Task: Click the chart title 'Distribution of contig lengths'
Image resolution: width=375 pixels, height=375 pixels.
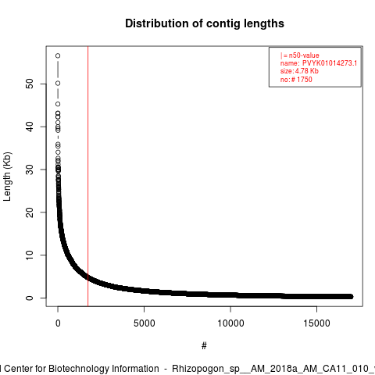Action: [x=205, y=23]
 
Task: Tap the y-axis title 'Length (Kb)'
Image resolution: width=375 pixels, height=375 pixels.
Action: [x=7, y=177]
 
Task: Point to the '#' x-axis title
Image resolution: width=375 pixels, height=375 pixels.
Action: [x=204, y=346]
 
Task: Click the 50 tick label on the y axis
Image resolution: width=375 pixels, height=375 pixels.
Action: [x=30, y=84]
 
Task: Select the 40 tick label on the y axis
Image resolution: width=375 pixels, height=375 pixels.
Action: [x=30, y=127]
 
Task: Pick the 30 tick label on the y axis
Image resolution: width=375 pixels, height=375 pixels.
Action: [x=30, y=170]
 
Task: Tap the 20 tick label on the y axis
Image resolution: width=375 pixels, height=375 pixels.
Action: [x=30, y=212]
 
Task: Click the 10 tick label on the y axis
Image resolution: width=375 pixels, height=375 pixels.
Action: [x=30, y=255]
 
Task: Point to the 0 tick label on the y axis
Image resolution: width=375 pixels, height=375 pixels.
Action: [x=30, y=298]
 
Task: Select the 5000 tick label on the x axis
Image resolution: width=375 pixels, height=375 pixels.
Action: [x=144, y=323]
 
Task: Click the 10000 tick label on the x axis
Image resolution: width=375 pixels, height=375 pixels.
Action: [x=230, y=323]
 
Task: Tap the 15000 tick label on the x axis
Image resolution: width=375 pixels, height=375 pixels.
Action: [x=317, y=323]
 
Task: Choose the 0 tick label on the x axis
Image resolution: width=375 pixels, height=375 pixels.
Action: [x=58, y=323]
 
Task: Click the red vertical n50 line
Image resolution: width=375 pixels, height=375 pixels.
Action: [x=88, y=177]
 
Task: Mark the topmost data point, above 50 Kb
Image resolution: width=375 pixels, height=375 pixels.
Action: [x=58, y=55]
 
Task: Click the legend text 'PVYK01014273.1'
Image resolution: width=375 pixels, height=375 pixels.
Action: [x=330, y=63]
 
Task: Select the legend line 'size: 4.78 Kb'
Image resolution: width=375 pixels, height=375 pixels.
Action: [x=299, y=71]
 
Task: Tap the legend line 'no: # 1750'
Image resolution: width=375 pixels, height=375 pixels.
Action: [x=296, y=80]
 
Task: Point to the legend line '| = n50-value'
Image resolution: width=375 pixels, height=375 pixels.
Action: [x=300, y=55]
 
